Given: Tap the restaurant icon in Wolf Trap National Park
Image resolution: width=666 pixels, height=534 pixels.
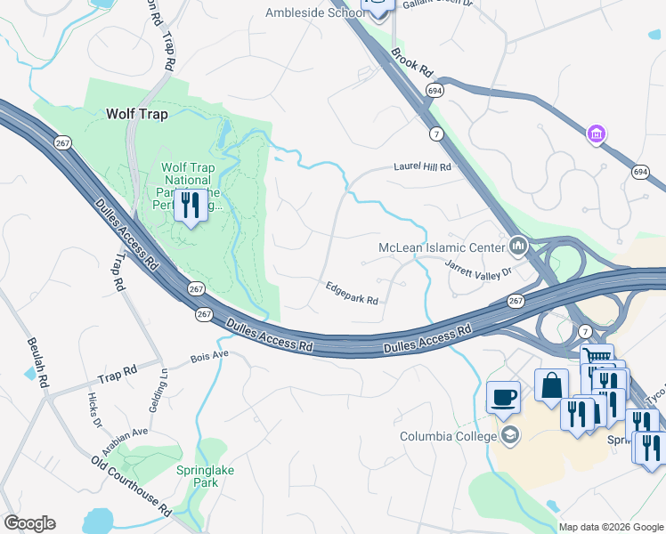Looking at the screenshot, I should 191,207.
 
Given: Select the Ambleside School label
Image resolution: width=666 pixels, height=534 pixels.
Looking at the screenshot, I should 313,12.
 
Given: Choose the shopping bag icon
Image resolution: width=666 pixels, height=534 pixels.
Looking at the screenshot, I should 551,384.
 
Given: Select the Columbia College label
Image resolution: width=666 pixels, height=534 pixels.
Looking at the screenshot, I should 447,436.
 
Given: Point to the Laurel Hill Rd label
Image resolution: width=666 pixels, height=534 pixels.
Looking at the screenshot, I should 423,166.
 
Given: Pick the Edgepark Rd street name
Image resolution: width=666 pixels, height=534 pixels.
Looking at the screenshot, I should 352,294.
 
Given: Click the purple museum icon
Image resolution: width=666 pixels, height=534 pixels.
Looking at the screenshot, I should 596,134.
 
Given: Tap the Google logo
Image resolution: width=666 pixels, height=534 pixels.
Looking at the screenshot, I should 29,523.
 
